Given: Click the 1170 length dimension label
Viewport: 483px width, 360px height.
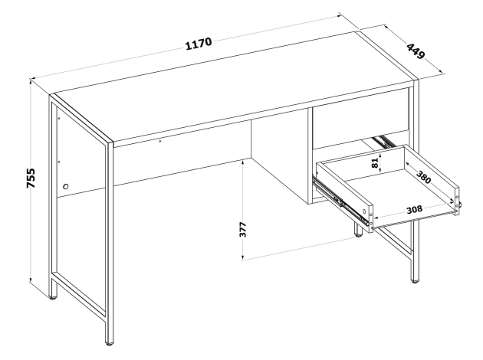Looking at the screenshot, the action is pos(199,44).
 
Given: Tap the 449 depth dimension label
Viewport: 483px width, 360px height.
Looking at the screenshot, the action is pos(416,51).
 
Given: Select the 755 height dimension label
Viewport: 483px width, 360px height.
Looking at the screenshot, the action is pos(31,178).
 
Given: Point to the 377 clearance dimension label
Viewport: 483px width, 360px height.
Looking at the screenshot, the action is pos(243,229).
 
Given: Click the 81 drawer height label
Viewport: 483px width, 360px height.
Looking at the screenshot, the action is pos(375,163).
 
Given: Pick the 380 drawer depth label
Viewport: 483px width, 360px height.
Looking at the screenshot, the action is pos(424,177).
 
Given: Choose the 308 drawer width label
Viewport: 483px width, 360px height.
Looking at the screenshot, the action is pos(414,210).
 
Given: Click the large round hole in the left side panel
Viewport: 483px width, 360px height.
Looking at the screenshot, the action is pos(66,186).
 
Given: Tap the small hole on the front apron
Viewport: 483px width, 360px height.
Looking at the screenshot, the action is pos(159,142).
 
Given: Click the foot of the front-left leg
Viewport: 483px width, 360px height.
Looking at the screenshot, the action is pos(109,342).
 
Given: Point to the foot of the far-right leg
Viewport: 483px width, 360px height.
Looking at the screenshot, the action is pos(415,280).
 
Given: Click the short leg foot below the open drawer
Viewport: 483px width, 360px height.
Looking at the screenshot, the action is pos(358,235).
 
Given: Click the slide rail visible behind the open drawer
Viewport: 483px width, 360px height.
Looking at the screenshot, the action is pos(383,140).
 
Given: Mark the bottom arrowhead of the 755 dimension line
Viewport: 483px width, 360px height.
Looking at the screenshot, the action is pos(31,280).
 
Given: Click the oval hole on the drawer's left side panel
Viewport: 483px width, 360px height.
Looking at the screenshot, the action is pos(364,211).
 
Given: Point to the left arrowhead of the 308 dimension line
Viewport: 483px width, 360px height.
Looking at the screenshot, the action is pos(376,218).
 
